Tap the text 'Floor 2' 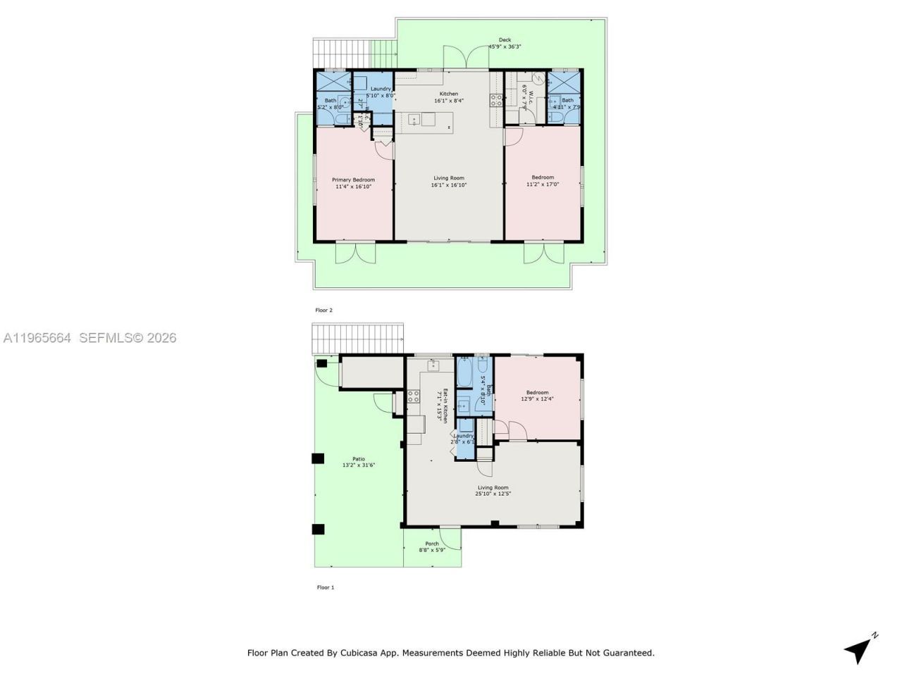(323, 310)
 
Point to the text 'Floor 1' (326, 587)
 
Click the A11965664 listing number (37, 338)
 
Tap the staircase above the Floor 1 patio (357, 339)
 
